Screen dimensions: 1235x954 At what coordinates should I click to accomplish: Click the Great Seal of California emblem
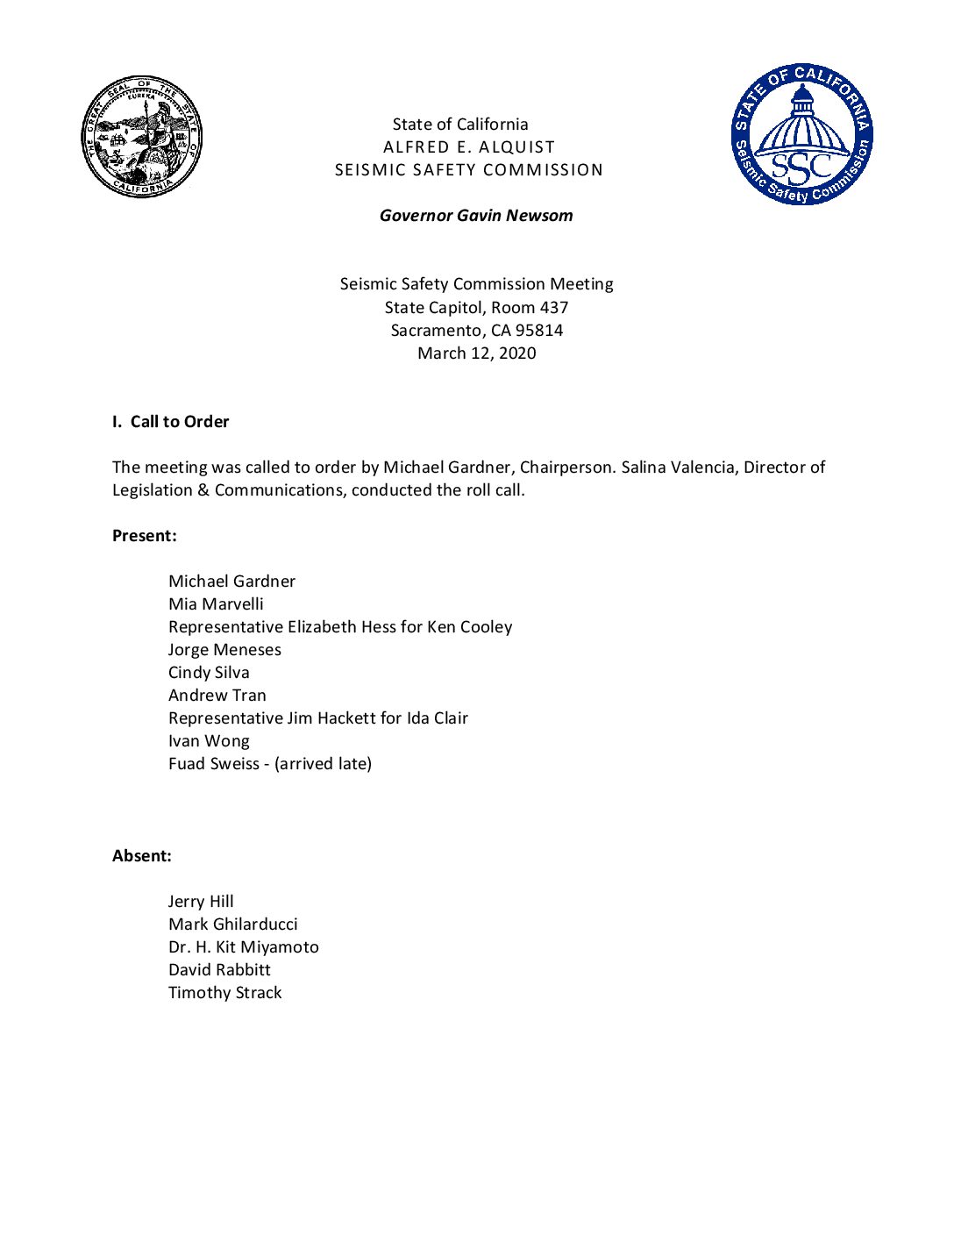141,137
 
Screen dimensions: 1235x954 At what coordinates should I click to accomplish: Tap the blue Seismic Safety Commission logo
802,134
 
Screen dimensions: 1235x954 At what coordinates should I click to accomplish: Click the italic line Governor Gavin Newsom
476,216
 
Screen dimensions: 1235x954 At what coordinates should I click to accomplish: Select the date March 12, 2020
476,353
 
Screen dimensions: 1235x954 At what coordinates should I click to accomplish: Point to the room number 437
554,308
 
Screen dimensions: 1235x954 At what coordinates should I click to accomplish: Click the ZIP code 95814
539,331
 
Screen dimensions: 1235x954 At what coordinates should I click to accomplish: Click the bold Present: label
144,536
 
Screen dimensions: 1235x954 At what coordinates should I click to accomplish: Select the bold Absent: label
141,856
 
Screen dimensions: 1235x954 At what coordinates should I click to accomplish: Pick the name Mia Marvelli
216,604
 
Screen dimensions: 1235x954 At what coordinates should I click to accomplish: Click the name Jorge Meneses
224,650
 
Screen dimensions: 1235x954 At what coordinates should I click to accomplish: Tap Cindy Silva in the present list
209,673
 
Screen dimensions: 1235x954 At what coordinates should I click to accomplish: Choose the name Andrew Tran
217,696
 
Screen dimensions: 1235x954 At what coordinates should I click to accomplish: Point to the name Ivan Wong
209,741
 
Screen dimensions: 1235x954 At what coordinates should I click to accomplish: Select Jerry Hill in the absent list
201,902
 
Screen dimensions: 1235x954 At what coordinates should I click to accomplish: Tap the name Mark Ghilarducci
232,924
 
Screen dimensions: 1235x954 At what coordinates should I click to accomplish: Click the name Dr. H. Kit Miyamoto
243,947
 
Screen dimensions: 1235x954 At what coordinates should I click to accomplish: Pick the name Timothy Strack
224,993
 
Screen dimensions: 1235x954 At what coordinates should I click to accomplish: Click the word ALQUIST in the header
517,147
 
